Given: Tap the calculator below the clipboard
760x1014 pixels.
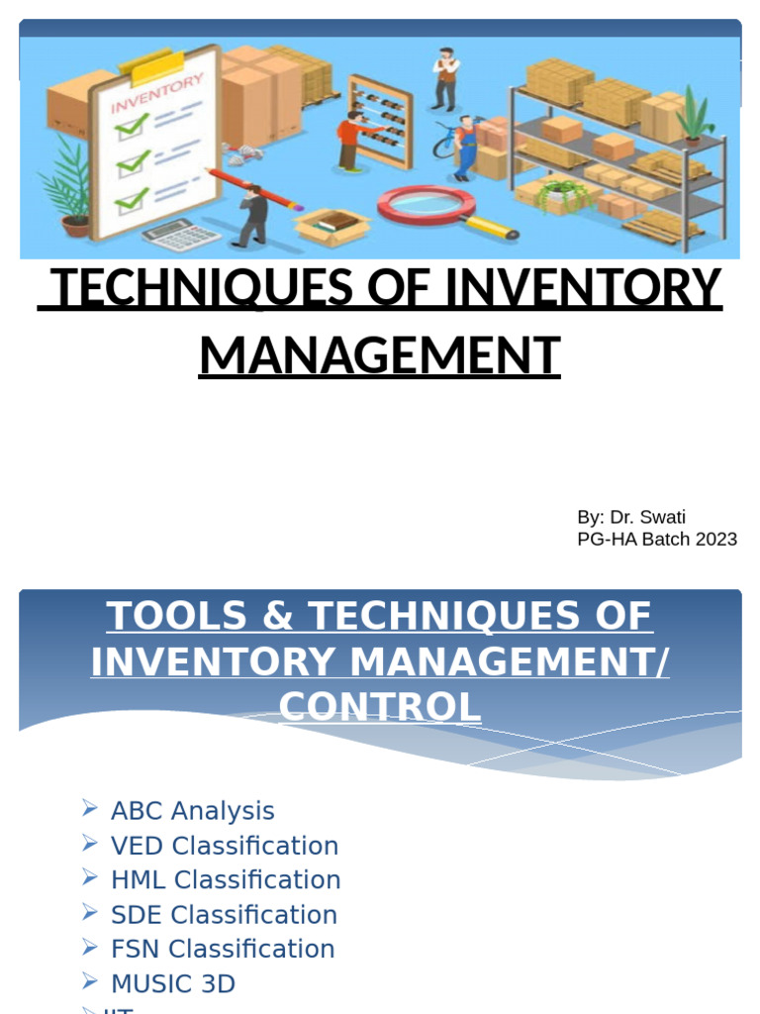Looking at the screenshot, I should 180,234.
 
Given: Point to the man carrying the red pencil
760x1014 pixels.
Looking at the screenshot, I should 253,215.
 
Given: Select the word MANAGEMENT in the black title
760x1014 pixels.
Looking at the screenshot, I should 380,356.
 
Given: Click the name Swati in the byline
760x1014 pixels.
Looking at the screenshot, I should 662,517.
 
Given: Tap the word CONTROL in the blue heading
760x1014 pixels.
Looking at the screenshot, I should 380,707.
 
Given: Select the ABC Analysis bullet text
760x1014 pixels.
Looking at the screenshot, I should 193,811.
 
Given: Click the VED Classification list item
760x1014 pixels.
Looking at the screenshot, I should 225,846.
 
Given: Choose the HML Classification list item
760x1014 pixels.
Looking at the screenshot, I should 226,880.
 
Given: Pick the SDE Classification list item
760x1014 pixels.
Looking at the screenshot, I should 224,915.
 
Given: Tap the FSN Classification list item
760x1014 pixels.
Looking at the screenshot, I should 223,949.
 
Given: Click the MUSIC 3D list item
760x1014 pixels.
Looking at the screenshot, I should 173,984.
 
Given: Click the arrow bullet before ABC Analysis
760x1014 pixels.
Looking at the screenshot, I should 90,809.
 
